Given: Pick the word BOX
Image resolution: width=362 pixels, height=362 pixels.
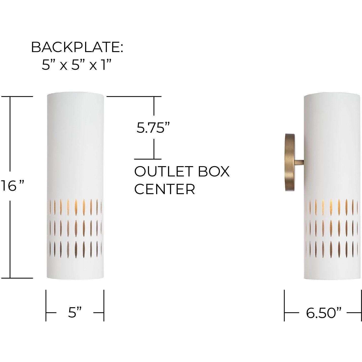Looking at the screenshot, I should tap(213, 171).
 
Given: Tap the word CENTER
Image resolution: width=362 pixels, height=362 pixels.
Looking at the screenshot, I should tap(165, 189).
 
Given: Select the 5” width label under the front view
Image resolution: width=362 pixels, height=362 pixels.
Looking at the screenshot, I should tap(75, 312).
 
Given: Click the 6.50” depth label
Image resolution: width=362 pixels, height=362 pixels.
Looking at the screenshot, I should tap(324, 313).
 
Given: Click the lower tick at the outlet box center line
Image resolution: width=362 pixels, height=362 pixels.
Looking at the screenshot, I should tap(148, 159).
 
